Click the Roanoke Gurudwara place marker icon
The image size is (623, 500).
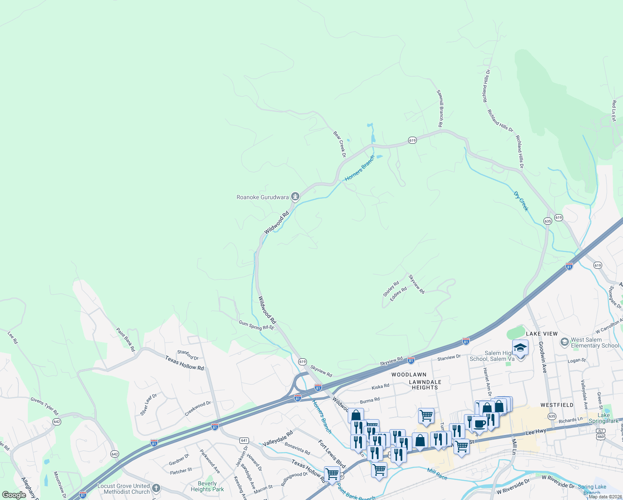click(295, 196)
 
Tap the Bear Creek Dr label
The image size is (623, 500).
click(340, 144)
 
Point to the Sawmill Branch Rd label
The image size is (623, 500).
click(439, 108)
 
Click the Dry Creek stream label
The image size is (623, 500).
click(521, 201)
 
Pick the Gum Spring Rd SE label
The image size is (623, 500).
click(257, 325)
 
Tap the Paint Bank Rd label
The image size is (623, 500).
click(126, 339)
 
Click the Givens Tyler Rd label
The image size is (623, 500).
click(45, 406)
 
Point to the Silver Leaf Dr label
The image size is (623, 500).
click(149, 404)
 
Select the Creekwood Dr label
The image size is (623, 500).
click(198, 408)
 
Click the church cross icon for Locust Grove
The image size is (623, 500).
click(156, 488)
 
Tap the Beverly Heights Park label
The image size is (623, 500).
click(207, 486)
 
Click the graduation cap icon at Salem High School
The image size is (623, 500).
click(520, 347)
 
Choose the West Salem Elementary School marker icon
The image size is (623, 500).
click(564, 342)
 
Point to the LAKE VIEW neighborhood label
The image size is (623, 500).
click(541, 334)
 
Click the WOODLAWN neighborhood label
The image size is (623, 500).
click(409, 375)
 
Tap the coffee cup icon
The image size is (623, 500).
click(479, 424)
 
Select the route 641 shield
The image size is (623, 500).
click(244, 440)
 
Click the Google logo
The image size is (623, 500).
click(14, 495)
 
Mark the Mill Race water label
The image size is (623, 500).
click(437, 474)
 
